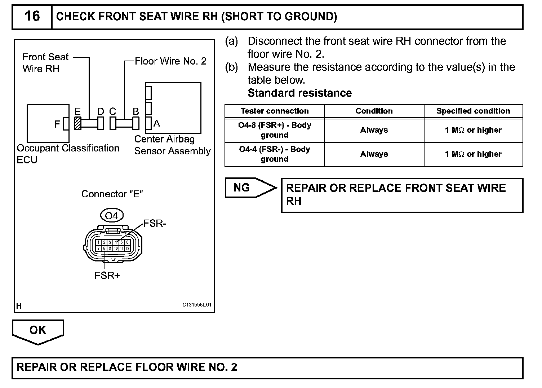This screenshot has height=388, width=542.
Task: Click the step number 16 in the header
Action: pyautogui.click(x=32, y=16)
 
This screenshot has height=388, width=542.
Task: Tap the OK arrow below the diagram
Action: pyautogui.click(x=38, y=330)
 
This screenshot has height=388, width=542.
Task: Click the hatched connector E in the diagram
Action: pyautogui.click(x=77, y=123)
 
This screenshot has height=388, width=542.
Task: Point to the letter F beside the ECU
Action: pyautogui.click(x=57, y=124)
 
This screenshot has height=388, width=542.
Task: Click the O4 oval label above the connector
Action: pyautogui.click(x=111, y=216)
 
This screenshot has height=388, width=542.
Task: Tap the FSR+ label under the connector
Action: pyautogui.click(x=107, y=275)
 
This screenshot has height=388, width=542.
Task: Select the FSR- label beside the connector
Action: pyautogui.click(x=155, y=224)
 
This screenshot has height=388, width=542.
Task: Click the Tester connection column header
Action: pyautogui.click(x=275, y=111)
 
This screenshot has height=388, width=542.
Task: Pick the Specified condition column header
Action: pyautogui.click(x=473, y=111)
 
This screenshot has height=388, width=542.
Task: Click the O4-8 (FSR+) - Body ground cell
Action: pyautogui.click(x=275, y=130)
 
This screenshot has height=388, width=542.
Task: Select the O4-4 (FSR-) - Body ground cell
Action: pyautogui.click(x=275, y=154)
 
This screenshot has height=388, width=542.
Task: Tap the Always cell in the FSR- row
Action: pyautogui.click(x=374, y=154)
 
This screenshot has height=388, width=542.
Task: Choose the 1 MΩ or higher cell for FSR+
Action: pyautogui.click(x=473, y=130)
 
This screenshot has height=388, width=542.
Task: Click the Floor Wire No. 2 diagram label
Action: pyautogui.click(x=170, y=61)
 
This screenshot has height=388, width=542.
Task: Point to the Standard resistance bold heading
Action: pyautogui.click(x=299, y=93)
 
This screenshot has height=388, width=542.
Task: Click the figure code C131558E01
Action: pyautogui.click(x=197, y=305)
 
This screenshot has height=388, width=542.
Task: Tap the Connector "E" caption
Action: pyautogui.click(x=112, y=194)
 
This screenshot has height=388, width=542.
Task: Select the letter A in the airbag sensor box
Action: pyautogui.click(x=156, y=123)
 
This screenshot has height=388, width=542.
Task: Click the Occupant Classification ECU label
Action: pyautogui.click(x=68, y=154)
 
